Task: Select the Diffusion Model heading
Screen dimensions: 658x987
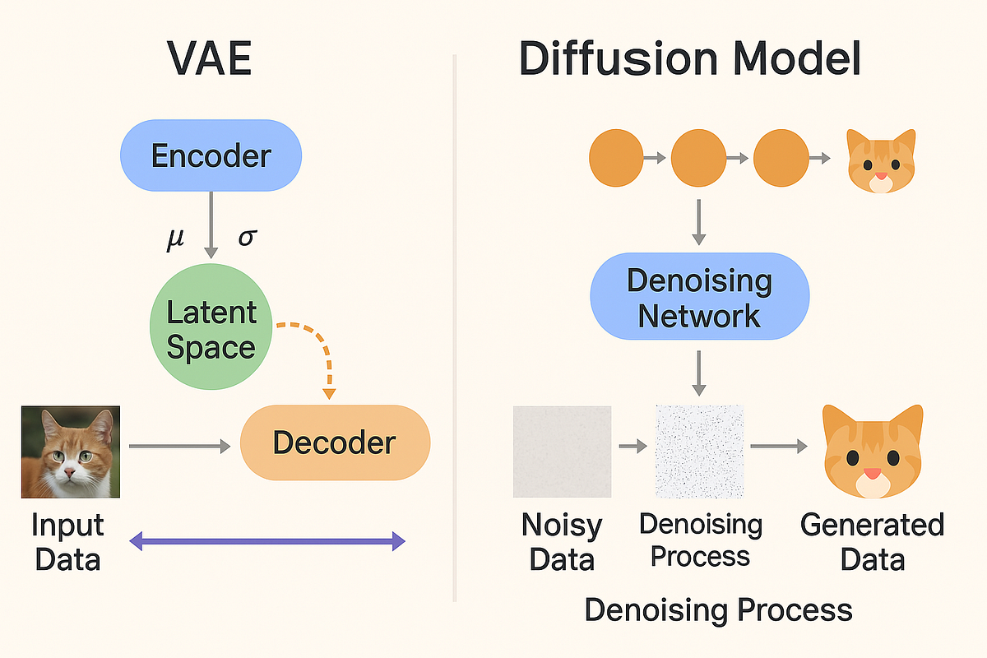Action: pos(690,59)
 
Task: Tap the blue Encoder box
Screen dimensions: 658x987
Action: pos(211,155)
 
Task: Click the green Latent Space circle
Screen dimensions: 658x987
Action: pos(211,329)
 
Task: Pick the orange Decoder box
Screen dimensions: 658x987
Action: pos(335,443)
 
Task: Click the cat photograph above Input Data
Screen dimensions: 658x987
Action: pos(71,452)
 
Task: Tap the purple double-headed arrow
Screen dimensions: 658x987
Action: pos(268,540)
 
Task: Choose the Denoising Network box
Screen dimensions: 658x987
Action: pos(699,297)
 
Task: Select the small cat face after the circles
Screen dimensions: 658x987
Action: pos(881,161)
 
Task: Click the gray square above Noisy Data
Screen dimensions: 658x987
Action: pos(562,452)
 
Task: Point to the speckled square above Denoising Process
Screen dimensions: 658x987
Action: pos(699,452)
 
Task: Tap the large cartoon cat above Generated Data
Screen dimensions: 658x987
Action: pos(872,452)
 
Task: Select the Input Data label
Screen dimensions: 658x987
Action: pos(68,542)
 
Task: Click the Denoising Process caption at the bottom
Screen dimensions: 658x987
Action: pos(718,610)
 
